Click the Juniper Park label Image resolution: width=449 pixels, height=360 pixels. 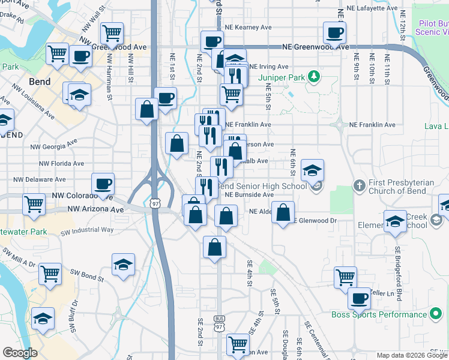pos(281,77)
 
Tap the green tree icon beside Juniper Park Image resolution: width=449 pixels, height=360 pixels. pos(313,77)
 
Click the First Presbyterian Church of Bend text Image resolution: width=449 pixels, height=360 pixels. pos(399,187)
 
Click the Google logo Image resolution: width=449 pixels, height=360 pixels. pos(20,353)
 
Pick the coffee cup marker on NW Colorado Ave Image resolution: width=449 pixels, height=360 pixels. pos(103,184)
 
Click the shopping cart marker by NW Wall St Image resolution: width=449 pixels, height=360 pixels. pos(112,33)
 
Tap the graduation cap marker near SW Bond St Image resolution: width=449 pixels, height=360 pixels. pos(123,264)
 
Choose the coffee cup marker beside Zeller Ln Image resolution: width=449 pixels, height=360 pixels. pos(360,298)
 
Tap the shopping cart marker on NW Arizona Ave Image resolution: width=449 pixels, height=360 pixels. pos(34,204)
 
